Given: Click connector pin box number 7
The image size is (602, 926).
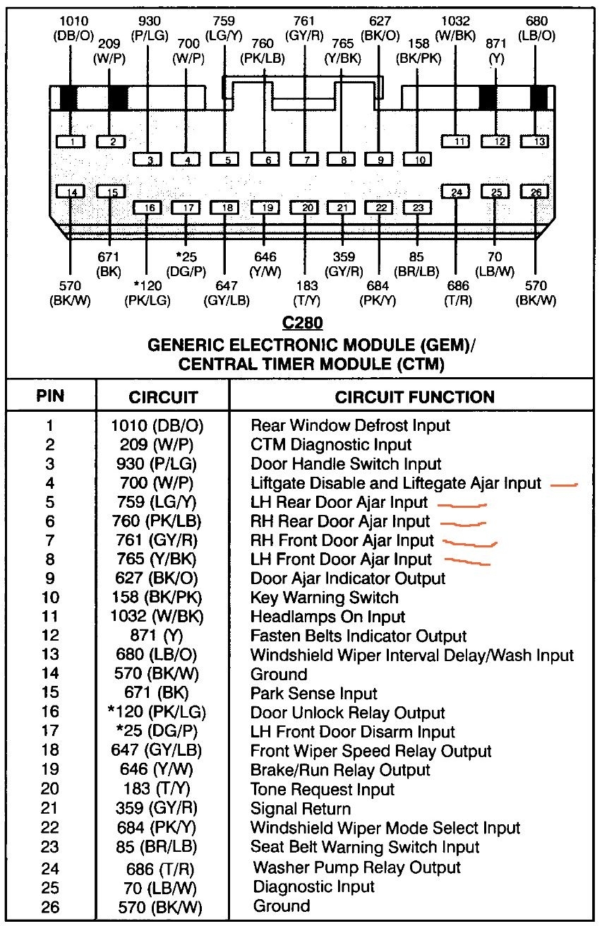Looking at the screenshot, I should pyautogui.click(x=306, y=160).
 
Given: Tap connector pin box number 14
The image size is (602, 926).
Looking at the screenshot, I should pyautogui.click(x=71, y=192).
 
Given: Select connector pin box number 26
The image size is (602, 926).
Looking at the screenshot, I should pyautogui.click(x=535, y=192).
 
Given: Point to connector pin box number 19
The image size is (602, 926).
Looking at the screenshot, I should pyautogui.click(x=266, y=208).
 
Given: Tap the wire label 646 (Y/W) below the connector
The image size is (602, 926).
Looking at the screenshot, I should pyautogui.click(x=265, y=263).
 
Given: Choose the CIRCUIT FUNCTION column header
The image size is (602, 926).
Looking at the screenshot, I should pyautogui.click(x=414, y=397).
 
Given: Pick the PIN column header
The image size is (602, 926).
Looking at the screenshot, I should pyautogui.click(x=50, y=396).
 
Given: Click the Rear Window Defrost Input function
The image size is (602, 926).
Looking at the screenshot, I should pyautogui.click(x=350, y=426).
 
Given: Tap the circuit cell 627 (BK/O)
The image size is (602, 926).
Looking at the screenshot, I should pyautogui.click(x=158, y=578).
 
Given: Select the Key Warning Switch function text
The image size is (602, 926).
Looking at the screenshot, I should pyautogui.click(x=325, y=598).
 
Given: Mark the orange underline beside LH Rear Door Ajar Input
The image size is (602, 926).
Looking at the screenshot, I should pyautogui.click(x=462, y=506).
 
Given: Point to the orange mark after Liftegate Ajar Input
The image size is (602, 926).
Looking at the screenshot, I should pyautogui.click(x=564, y=485).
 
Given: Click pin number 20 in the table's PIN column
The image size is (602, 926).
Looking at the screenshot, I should pyautogui.click(x=50, y=790).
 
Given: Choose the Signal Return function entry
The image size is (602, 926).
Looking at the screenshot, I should pyautogui.click(x=301, y=809).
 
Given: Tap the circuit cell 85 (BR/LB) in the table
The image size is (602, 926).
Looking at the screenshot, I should pyautogui.click(x=158, y=846).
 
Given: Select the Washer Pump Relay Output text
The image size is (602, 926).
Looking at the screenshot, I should pyautogui.click(x=356, y=867).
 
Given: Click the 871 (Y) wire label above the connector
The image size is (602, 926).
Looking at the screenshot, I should pyautogui.click(x=497, y=52).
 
